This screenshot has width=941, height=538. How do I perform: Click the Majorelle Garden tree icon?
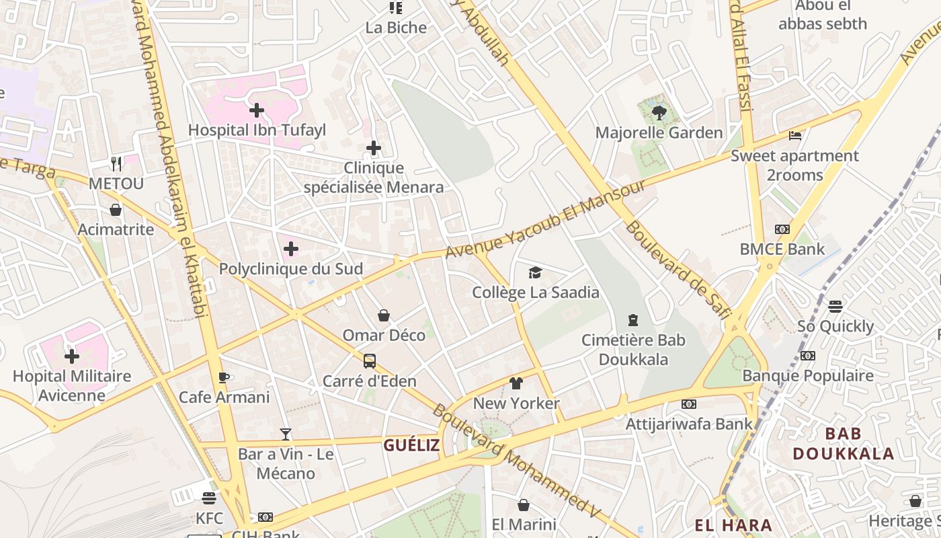[x=659, y=113]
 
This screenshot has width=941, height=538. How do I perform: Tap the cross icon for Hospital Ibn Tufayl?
[x=256, y=110]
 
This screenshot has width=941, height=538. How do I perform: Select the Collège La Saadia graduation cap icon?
[x=535, y=272]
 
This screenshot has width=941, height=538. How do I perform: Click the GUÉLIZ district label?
[x=411, y=445]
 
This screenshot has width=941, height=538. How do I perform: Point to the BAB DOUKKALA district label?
[x=843, y=444]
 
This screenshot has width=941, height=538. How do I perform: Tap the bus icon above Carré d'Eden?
[x=370, y=361]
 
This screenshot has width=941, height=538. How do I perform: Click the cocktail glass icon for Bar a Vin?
[x=286, y=434]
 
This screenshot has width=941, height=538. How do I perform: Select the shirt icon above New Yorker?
[x=516, y=383]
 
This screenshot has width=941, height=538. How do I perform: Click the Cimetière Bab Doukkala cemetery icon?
[x=632, y=320]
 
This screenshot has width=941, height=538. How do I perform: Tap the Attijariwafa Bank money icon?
[x=688, y=404]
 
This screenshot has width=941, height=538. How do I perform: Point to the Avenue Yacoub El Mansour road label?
[x=545, y=219]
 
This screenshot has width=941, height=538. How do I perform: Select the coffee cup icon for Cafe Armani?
[x=224, y=377]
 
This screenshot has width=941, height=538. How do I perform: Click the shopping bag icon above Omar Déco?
[x=384, y=315]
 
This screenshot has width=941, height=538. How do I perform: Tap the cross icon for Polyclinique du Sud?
[x=291, y=249]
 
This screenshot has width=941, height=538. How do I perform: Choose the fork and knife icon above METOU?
[x=116, y=163]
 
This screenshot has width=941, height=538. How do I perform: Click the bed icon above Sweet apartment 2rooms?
[x=795, y=136]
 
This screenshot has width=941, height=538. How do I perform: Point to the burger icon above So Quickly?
[x=835, y=307]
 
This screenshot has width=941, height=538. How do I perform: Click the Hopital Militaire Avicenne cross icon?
[x=72, y=356]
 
